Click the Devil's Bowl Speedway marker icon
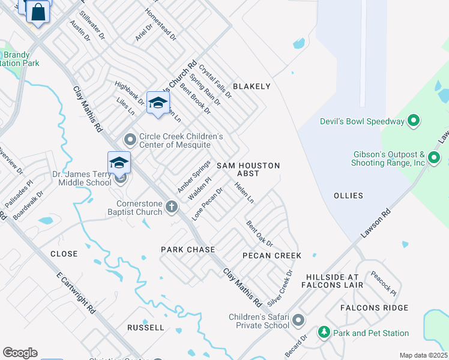[413, 121]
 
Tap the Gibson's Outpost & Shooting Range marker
[435, 159]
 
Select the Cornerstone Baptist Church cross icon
[172, 208]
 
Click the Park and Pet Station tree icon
[324, 332]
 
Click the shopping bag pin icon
[38, 12]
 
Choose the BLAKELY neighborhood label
[252, 86]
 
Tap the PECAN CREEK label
[271, 256]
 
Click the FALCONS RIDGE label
[374, 308]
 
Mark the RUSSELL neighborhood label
[145, 328]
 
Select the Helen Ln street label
[246, 192]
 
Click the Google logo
[20, 352]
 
